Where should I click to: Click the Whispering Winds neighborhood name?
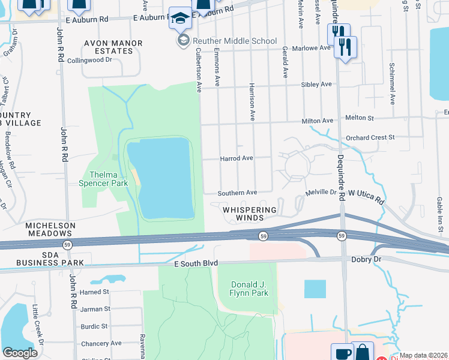[x=250, y=214]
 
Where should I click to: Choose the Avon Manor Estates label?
[x=113, y=47]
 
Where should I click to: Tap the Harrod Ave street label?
[x=237, y=158]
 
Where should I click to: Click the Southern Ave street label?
[x=237, y=193]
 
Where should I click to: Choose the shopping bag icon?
[x=363, y=352]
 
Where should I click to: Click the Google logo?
[x=20, y=353]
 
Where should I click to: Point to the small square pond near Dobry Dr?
[x=315, y=289]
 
